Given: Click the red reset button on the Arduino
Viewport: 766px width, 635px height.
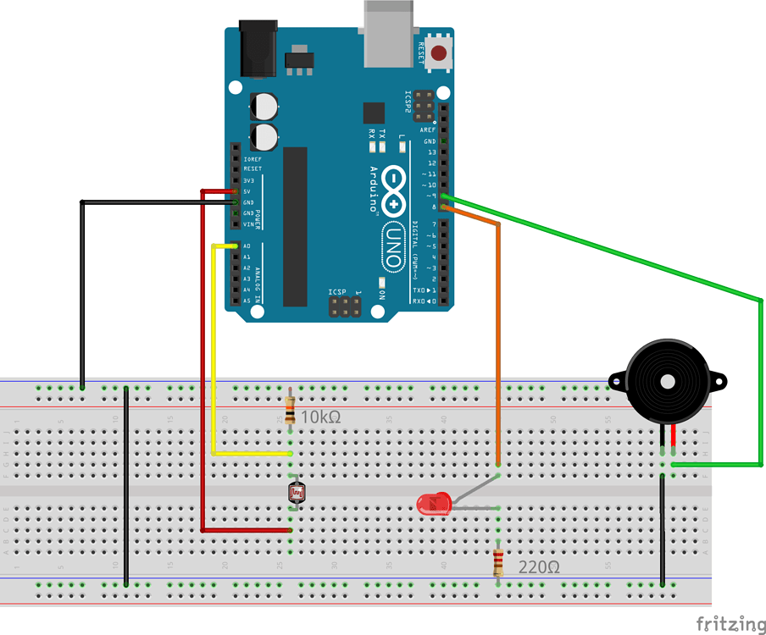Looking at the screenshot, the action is (x=439, y=54).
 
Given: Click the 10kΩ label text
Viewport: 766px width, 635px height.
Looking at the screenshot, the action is (x=322, y=417).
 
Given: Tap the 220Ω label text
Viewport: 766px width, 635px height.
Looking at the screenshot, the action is (x=538, y=567).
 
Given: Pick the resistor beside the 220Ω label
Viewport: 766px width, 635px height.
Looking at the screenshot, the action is (x=498, y=563).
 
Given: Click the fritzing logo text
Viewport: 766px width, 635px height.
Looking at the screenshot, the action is (x=730, y=623).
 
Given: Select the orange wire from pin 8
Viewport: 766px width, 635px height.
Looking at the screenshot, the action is (x=498, y=339).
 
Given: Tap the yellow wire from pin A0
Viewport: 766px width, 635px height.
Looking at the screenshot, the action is (x=213, y=356).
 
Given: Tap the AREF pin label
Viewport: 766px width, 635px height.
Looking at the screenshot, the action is (x=428, y=130).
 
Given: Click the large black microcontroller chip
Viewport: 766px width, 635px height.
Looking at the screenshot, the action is (x=295, y=226).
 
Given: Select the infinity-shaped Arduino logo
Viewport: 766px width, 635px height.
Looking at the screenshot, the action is (x=395, y=190).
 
